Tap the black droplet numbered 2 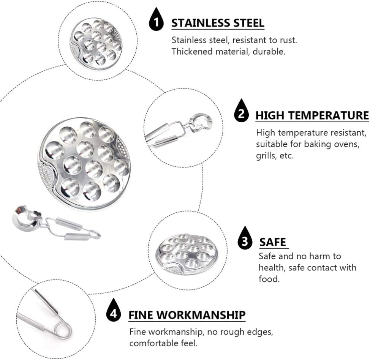pos(241,112)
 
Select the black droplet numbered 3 pos(245,239)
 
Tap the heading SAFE pos(272,242)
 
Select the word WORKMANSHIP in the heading pos(201,315)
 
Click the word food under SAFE pos(269,279)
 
